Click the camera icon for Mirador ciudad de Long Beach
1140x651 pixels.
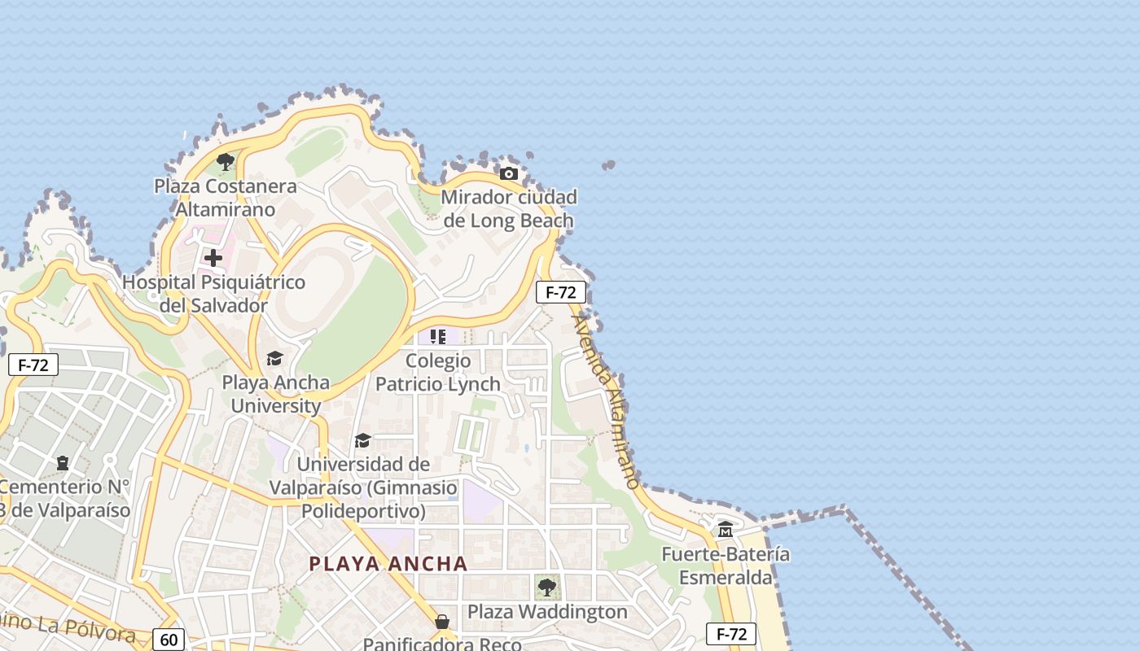point(509,173)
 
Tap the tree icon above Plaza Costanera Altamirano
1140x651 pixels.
point(226,161)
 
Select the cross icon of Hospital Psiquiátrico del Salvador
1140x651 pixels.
point(213,258)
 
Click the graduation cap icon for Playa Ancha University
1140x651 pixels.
point(274,358)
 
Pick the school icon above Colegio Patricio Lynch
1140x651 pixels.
point(438,336)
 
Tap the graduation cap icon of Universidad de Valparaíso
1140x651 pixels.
point(362,440)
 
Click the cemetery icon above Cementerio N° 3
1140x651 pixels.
point(63,463)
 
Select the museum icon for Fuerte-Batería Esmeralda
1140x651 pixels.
point(725,531)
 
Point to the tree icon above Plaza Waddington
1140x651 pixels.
point(547,587)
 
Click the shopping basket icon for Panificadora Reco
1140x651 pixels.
point(442,622)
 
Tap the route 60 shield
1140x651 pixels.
point(169,640)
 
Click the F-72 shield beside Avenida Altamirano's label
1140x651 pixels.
point(560,292)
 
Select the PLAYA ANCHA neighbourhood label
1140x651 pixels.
point(388,563)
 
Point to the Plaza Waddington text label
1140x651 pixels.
point(547,612)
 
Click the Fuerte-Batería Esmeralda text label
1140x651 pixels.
point(726,566)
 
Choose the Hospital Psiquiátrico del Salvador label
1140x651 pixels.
point(213,294)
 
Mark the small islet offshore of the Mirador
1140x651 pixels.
point(608,165)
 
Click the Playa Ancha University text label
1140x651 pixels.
point(276,394)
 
